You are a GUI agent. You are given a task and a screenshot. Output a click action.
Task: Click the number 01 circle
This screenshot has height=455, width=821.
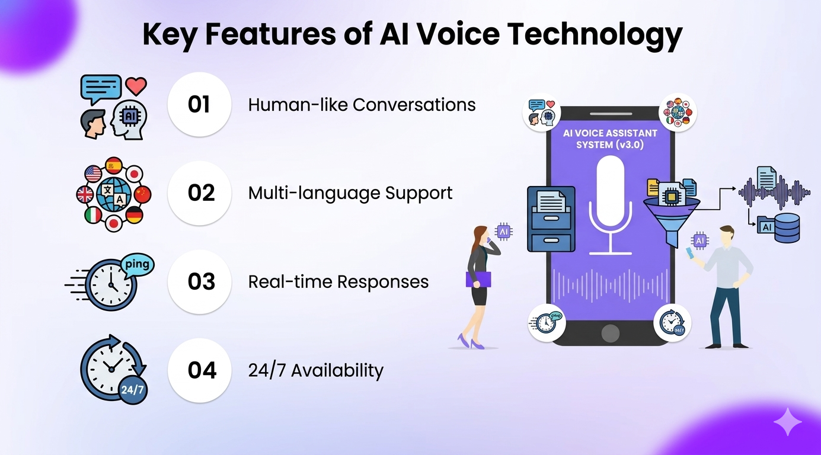[199, 104]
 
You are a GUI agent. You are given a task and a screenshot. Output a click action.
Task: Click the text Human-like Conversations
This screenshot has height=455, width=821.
[362, 105]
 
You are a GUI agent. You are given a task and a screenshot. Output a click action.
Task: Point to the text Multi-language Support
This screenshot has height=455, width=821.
[350, 193]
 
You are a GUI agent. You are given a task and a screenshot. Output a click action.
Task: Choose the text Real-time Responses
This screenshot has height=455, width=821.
[338, 281]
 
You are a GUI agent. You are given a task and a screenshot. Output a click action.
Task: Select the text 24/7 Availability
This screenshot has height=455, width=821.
[315, 371]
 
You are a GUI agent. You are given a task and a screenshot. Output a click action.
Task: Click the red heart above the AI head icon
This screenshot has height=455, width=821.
[136, 86]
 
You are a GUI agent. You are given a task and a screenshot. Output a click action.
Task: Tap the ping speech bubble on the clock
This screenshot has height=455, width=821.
[138, 264]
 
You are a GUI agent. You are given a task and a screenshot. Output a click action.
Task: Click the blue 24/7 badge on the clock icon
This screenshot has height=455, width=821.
[132, 390]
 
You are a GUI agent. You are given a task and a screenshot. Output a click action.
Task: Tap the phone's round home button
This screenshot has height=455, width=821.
[610, 334]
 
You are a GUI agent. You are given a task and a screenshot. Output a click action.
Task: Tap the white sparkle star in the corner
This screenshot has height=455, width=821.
[787, 422]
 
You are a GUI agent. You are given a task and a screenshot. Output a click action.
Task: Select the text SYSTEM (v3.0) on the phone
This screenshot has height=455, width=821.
[609, 145]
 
